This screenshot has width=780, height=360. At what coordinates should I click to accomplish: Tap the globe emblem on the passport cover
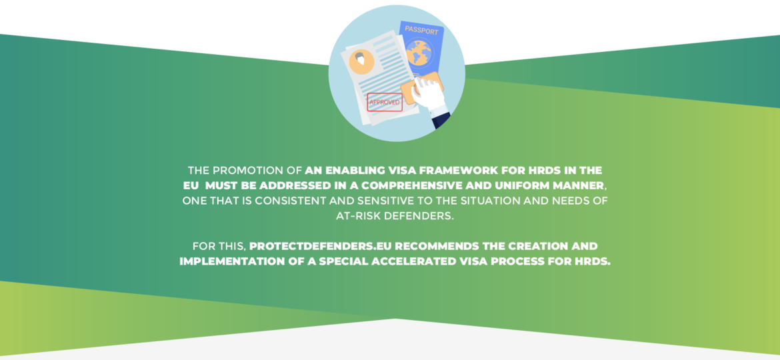(x=419, y=53)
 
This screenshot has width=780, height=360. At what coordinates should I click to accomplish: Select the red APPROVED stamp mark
(x=385, y=102)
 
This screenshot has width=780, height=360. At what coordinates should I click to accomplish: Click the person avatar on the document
(x=361, y=61)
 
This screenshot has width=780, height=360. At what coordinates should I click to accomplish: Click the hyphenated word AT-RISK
(x=357, y=216)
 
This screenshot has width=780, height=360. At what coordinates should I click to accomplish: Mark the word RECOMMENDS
(x=435, y=246)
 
